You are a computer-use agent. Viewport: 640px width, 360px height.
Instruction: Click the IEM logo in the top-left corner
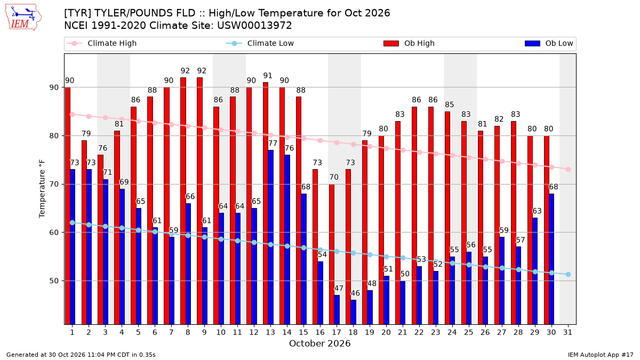click(23, 18)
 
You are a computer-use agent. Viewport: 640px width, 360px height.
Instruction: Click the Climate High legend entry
click(101, 43)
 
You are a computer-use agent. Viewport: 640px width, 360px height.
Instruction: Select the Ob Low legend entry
click(549, 43)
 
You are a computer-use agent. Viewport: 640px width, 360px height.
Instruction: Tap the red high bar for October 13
click(266, 203)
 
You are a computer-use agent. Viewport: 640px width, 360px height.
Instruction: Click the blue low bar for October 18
click(353, 313)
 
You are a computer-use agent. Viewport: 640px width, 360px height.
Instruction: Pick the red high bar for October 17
click(331, 254)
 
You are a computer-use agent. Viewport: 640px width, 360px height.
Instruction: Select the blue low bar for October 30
click(551, 259)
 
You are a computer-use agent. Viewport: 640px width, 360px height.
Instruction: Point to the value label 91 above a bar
click(268, 76)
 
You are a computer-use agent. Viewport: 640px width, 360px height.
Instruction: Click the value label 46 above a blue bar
click(355, 293)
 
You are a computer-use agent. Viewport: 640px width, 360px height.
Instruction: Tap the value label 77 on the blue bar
click(273, 143)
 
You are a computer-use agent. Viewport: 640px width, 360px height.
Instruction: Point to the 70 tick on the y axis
click(54, 185)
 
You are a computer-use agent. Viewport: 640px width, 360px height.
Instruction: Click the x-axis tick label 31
click(567, 332)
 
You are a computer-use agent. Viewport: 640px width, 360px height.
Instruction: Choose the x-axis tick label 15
click(303, 332)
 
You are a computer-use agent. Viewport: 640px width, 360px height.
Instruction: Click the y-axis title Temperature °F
click(42, 189)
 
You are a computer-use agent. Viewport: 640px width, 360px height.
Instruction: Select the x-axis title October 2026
click(319, 343)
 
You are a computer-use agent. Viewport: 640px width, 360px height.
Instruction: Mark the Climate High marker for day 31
click(568, 170)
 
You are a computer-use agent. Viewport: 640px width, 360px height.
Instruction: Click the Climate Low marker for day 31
click(568, 274)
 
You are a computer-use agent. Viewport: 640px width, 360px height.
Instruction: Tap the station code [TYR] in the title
click(77, 13)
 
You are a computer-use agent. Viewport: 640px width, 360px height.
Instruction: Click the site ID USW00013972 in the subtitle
click(254, 26)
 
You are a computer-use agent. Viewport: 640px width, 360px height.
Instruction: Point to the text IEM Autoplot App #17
click(601, 355)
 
